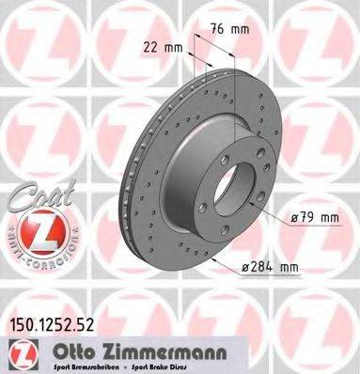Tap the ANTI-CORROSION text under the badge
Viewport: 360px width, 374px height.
(x=32, y=257)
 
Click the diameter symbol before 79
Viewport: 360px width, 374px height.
(x=295, y=219)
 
